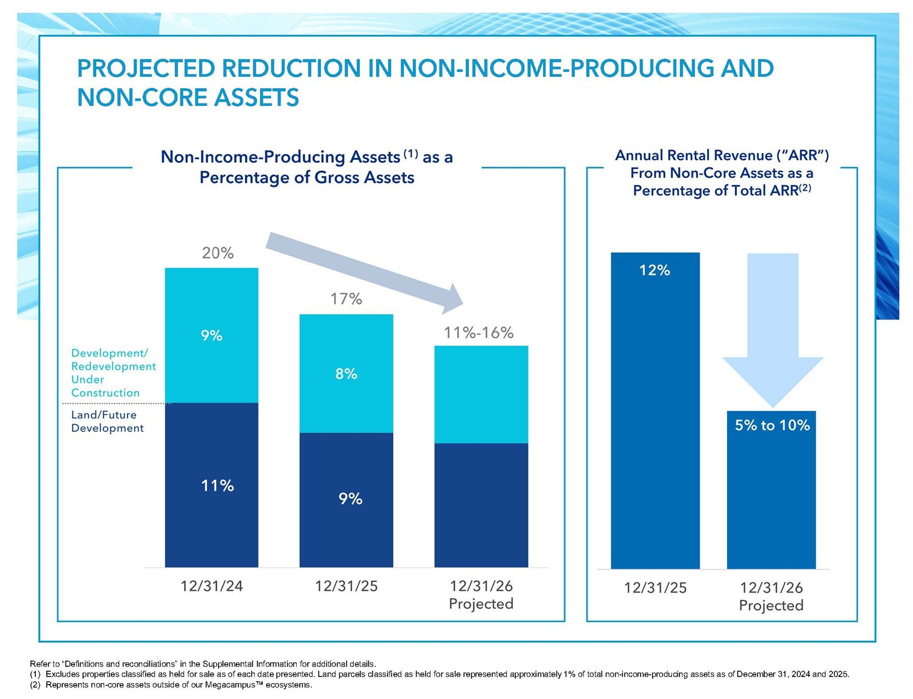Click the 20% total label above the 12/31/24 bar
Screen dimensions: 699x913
218,253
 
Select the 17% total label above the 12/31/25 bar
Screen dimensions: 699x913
346,299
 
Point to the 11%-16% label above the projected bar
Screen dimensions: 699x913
479,333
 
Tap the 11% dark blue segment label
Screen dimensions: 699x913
217,486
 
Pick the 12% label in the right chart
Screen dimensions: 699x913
655,270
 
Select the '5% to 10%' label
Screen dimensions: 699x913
772,425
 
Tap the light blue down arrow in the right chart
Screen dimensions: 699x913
773,333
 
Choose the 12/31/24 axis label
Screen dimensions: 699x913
212,586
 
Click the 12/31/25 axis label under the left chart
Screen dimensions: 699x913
346,586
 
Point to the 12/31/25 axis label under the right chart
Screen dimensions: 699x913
655,588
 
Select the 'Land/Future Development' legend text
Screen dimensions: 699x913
107,421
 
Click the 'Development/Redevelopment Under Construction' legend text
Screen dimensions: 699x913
113,373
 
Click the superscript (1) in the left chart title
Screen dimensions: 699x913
410,154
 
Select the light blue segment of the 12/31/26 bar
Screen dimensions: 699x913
481,394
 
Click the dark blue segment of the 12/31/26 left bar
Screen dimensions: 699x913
481,505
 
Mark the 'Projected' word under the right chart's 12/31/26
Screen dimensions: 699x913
771,605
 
